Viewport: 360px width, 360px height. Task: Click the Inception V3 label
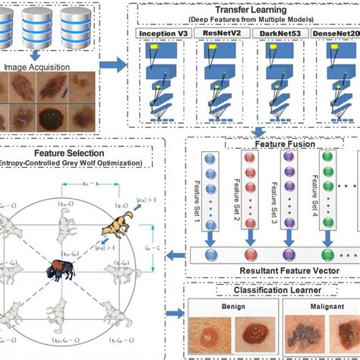[163, 35]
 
